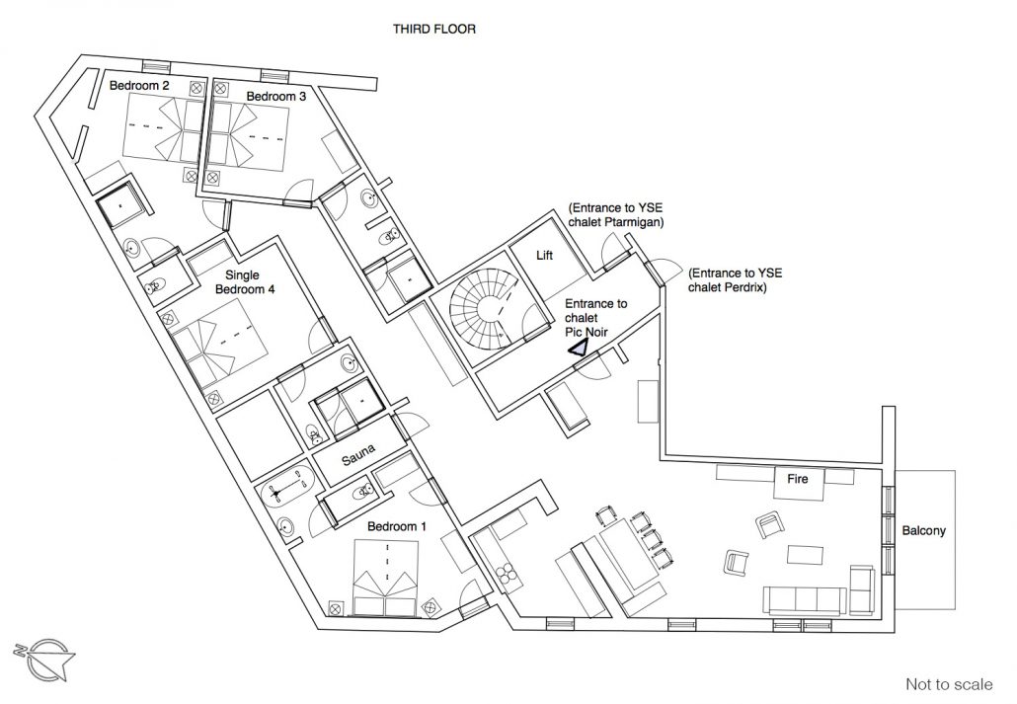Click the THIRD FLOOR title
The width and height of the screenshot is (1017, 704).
pos(433,29)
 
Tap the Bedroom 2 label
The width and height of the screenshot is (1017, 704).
pos(139,85)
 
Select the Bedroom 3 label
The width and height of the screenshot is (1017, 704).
pos(275,96)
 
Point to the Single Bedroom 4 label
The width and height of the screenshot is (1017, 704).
pos(245,282)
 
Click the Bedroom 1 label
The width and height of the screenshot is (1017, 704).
pos(396,526)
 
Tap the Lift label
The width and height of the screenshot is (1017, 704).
pos(545,256)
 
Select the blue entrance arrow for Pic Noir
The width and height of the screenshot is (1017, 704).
pos(578,348)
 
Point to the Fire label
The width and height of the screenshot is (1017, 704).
pos(798,479)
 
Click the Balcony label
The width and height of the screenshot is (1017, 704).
pos(923,531)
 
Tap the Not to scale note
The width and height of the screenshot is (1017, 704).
pos(949,684)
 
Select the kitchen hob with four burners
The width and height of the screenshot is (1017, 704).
pos(506,574)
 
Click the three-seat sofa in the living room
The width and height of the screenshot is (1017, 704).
pos(805,600)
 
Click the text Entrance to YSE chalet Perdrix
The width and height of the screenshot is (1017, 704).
pos(736,279)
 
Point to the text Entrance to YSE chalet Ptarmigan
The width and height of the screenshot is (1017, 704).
pos(615,215)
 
